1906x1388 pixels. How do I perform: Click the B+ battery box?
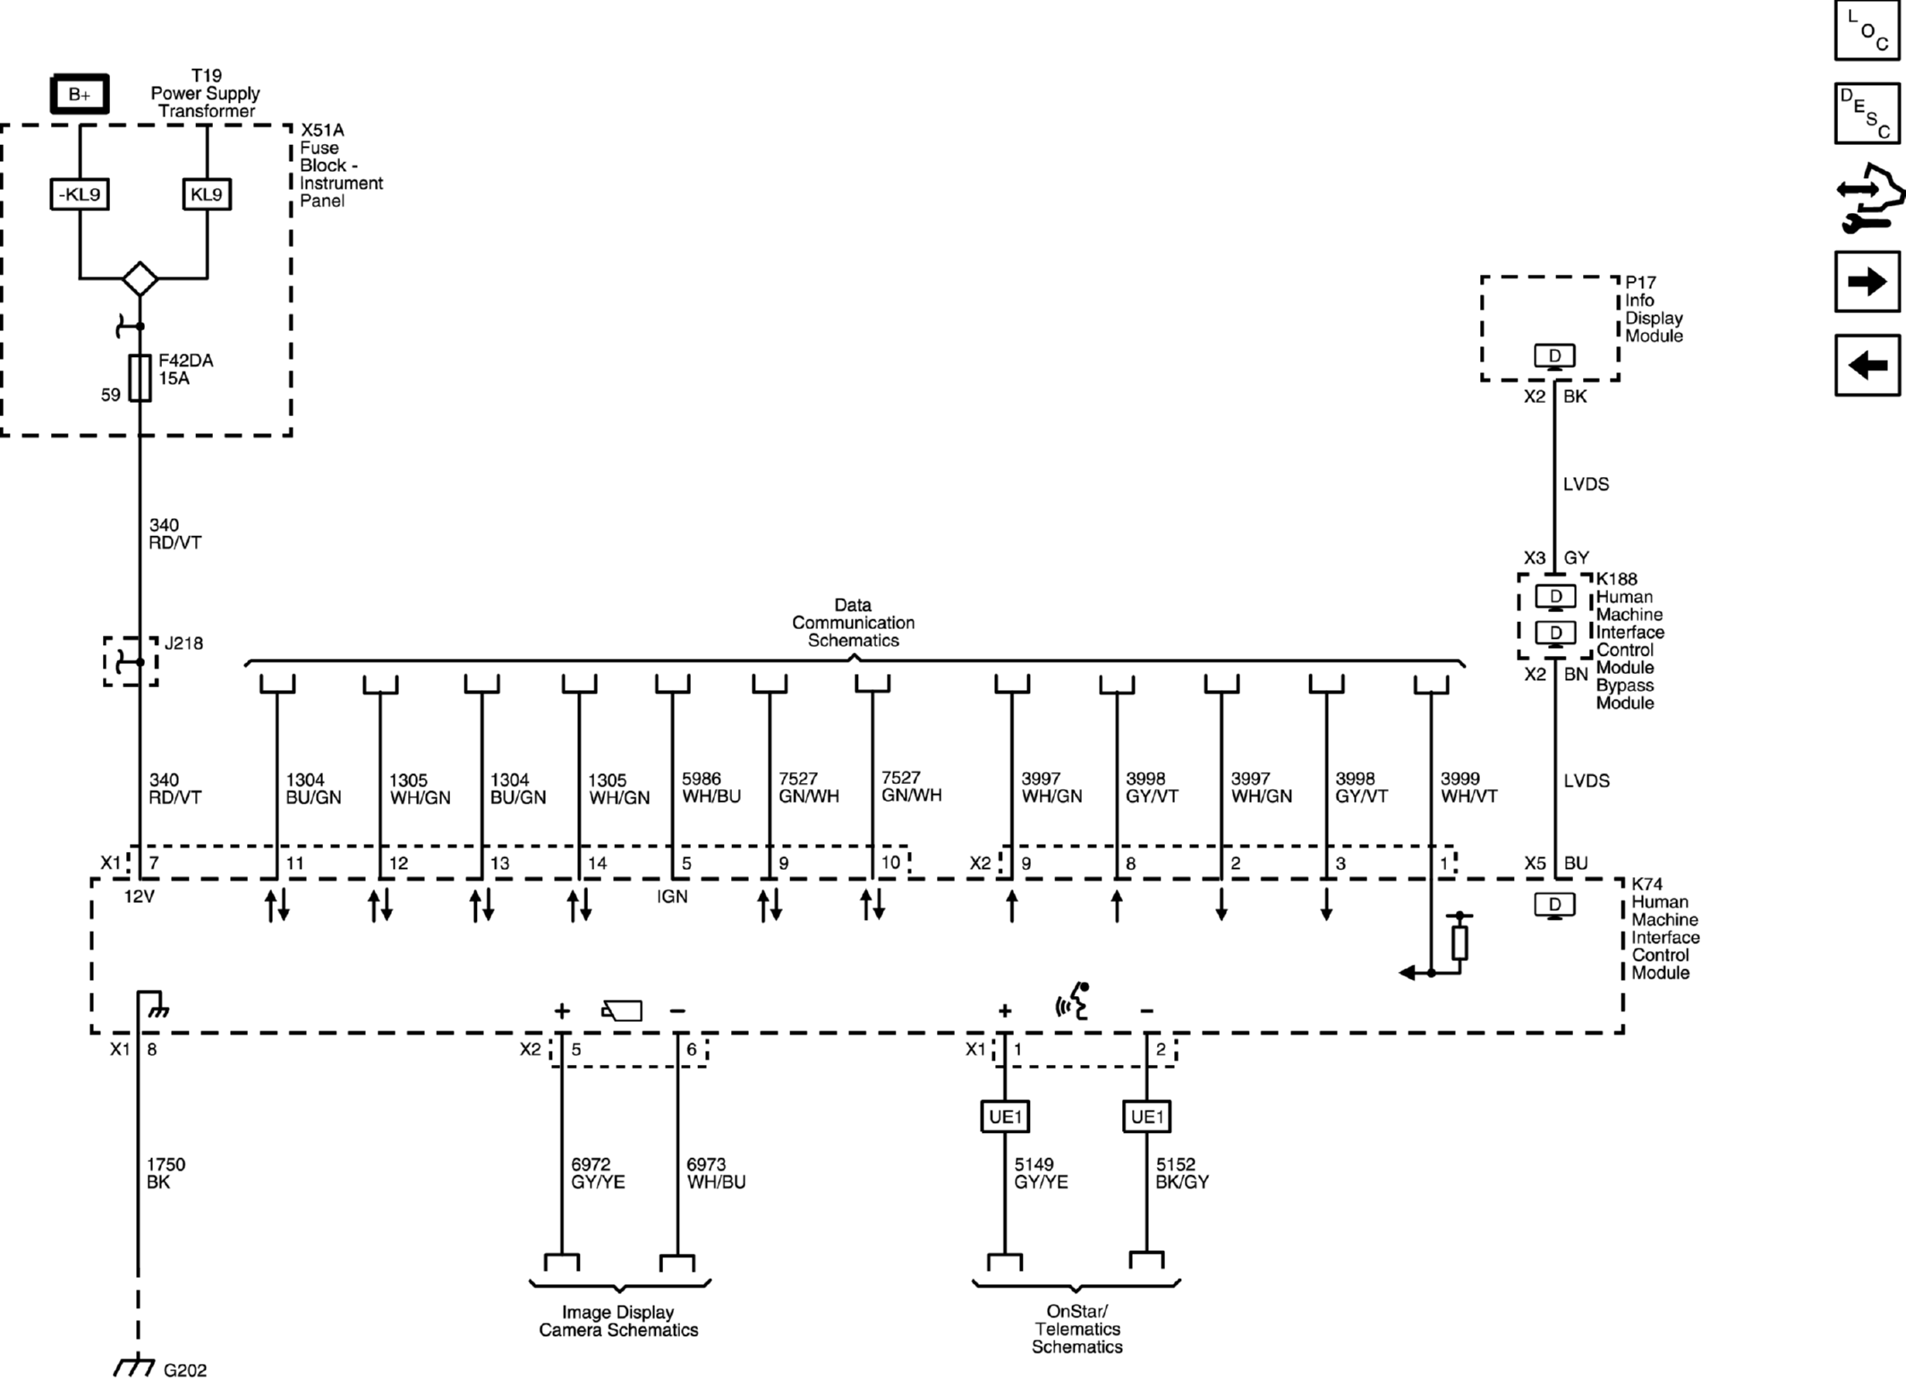click(x=79, y=94)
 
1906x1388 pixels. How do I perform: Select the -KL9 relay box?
click(x=79, y=194)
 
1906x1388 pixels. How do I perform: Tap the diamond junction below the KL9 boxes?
click(x=140, y=279)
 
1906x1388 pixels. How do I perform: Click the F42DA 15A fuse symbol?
click(x=140, y=378)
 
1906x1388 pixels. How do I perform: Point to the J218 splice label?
click(x=183, y=643)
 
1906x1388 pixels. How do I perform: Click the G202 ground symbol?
click(x=134, y=1367)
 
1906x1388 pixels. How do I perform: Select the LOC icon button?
click(x=1867, y=31)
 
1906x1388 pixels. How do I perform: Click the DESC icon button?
click(x=1867, y=114)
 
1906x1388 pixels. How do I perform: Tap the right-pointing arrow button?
click(x=1867, y=282)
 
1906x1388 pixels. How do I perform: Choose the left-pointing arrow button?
click(x=1867, y=365)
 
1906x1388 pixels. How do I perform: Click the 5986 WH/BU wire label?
click(x=710, y=788)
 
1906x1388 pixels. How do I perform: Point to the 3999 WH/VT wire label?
click(x=1468, y=788)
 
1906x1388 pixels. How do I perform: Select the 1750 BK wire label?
click(x=166, y=1173)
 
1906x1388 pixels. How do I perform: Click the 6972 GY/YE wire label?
click(x=598, y=1173)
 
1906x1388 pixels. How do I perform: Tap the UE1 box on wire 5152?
click(x=1146, y=1117)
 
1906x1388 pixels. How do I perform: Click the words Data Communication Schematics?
click(x=853, y=623)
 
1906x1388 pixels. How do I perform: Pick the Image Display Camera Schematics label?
click(x=618, y=1321)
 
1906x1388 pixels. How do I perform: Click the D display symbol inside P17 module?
click(x=1554, y=356)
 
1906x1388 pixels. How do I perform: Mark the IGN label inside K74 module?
click(x=672, y=897)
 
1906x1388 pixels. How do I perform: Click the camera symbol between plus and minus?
click(x=622, y=1011)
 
